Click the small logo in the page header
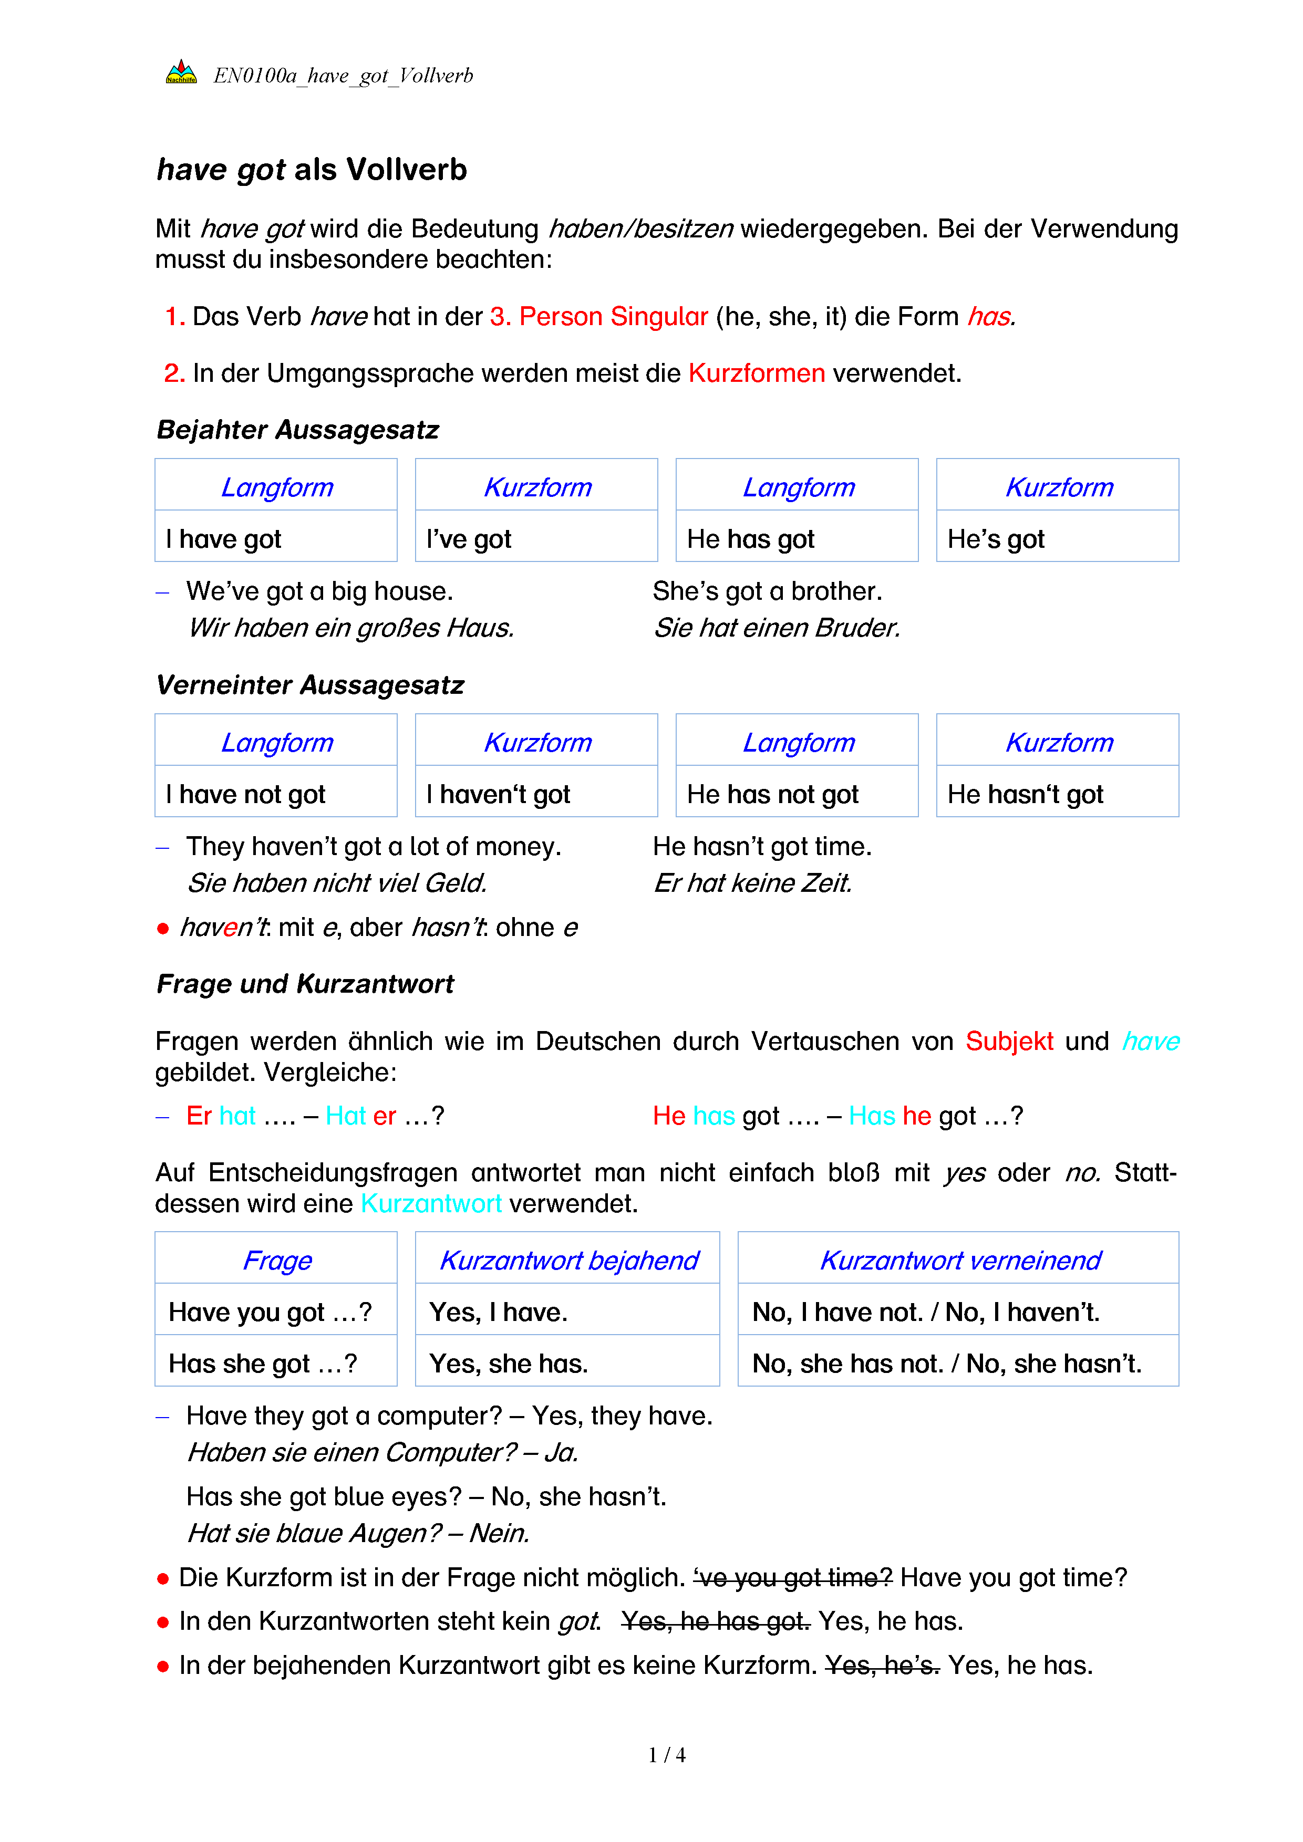[x=181, y=73]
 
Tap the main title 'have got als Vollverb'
[x=312, y=170]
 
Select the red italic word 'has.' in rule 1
[x=991, y=317]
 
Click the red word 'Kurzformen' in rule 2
[x=756, y=374]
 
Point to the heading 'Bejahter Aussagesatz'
[x=298, y=430]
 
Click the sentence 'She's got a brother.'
[x=767, y=591]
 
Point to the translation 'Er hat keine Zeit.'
[x=752, y=883]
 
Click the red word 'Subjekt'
[x=1009, y=1042]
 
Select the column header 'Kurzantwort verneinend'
[x=959, y=1261]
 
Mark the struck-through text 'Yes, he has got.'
[x=716, y=1621]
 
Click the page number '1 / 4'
[x=667, y=1755]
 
